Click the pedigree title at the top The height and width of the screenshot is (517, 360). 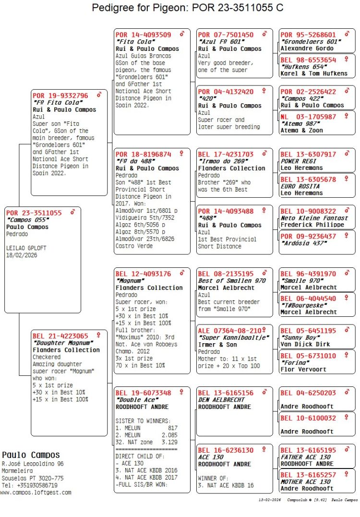click(187, 8)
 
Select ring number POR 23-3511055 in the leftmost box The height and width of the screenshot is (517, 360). click(34, 213)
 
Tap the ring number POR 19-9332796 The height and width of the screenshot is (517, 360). click(60, 96)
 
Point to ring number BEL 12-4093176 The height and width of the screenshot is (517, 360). click(143, 274)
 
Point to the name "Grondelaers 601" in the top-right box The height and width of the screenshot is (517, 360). click(311, 42)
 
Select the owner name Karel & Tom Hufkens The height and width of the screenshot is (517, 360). click(314, 73)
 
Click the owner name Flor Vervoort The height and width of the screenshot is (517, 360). click(303, 369)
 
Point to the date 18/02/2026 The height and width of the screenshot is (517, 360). click(22, 255)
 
